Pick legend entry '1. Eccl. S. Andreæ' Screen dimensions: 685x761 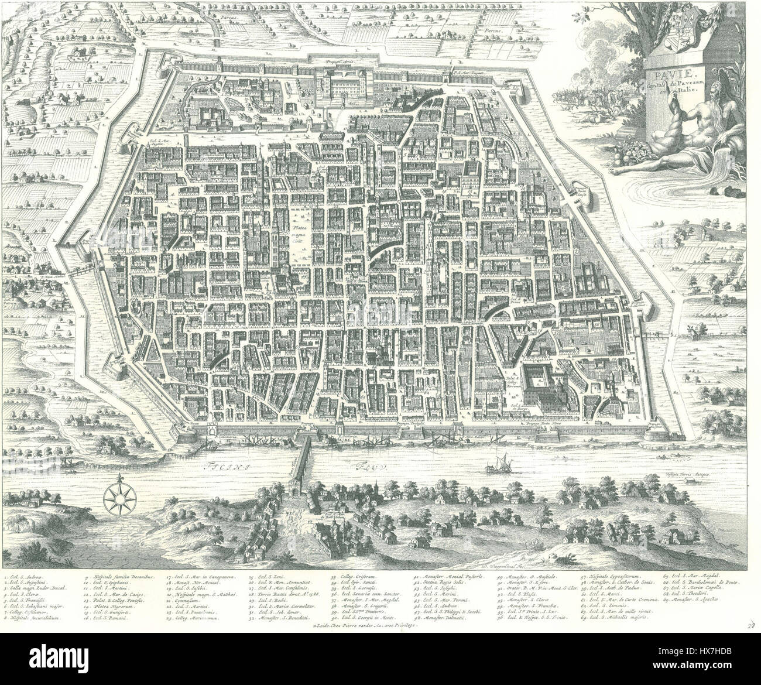(x=23, y=577)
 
